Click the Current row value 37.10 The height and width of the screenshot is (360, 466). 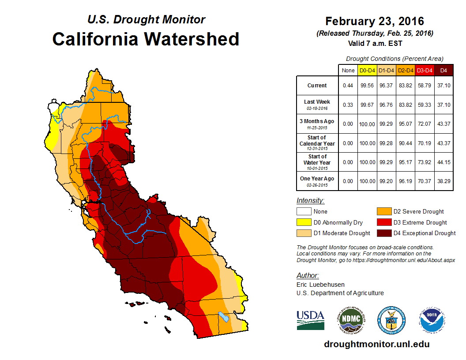[x=444, y=86]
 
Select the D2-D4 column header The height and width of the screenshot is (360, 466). [x=405, y=70]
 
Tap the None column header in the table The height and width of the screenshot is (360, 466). [x=348, y=70]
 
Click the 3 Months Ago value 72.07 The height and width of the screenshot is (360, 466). [x=425, y=124]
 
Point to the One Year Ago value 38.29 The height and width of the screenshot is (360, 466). [x=444, y=181]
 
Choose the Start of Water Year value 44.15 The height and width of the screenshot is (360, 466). [x=444, y=162]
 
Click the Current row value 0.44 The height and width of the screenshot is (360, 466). [x=348, y=86]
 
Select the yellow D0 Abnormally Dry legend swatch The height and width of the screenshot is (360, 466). [x=304, y=222]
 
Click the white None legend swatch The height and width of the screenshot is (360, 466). [x=304, y=212]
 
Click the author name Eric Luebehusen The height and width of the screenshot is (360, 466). [x=320, y=285]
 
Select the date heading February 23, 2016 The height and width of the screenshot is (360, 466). [x=374, y=21]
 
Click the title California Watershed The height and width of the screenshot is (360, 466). [x=146, y=39]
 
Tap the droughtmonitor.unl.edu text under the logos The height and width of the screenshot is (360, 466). [x=376, y=344]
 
